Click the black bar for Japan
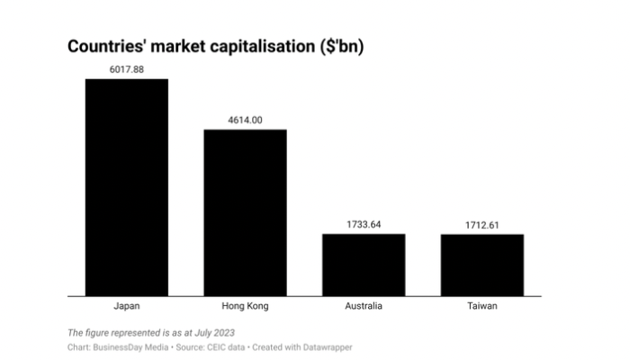[x=126, y=186]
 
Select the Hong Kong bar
[x=245, y=211]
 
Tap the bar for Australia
[x=364, y=264]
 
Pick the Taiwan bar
[x=481, y=264]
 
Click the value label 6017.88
[x=126, y=68]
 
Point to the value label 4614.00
[x=245, y=119]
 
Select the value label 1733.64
[x=364, y=223]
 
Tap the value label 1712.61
[x=481, y=224]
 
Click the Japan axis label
[x=126, y=306]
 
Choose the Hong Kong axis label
[x=245, y=306]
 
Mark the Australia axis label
[x=364, y=306]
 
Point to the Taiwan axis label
[x=481, y=306]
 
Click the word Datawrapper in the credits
[x=327, y=346]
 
